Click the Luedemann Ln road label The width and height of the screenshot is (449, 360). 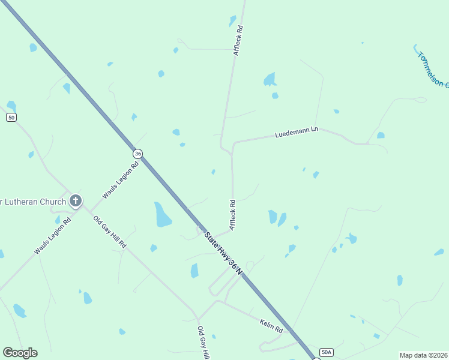(x=296, y=133)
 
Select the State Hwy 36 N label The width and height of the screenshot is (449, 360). (x=223, y=254)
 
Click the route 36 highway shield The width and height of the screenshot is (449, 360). (x=138, y=154)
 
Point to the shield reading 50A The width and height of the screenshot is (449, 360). (x=326, y=352)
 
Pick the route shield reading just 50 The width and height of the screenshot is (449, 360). (x=11, y=117)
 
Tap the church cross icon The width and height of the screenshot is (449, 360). (x=75, y=201)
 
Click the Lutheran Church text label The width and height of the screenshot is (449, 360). (x=33, y=201)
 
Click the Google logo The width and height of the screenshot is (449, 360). (x=20, y=352)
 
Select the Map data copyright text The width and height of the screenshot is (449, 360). (x=423, y=355)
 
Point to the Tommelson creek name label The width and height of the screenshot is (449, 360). (x=433, y=70)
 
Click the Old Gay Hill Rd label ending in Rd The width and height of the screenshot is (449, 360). (x=110, y=232)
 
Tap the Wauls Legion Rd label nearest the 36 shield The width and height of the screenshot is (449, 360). (x=120, y=179)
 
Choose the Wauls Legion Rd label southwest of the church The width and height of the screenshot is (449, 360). (x=52, y=236)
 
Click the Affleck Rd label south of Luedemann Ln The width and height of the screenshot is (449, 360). (x=232, y=215)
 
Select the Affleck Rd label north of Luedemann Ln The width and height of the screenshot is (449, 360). (x=239, y=41)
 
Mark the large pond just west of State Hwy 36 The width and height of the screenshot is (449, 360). (x=162, y=215)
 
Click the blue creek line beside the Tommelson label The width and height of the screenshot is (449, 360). (x=415, y=48)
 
